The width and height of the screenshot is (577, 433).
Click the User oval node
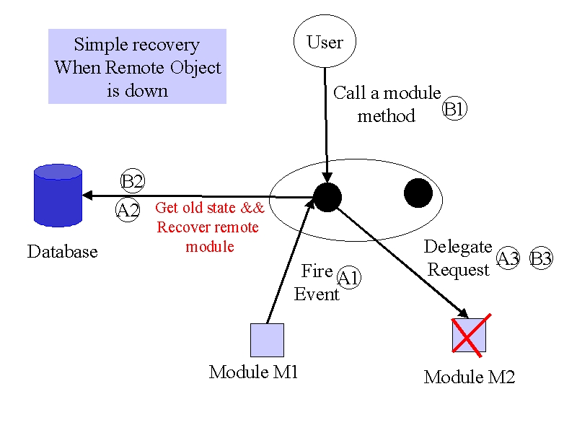pyautogui.click(x=325, y=41)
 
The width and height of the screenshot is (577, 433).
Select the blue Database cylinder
pyautogui.click(x=58, y=195)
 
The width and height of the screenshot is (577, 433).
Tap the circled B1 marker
pyautogui.click(x=454, y=109)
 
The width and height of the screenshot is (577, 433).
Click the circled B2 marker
pyautogui.click(x=133, y=180)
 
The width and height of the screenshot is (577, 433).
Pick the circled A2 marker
pyautogui.click(x=128, y=210)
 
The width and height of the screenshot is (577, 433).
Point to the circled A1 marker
pyautogui.click(x=348, y=277)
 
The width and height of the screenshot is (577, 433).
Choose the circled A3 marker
pyautogui.click(x=508, y=258)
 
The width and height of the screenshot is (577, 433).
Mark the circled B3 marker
pyautogui.click(x=541, y=258)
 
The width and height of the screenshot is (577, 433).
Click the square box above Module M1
pyautogui.click(x=267, y=340)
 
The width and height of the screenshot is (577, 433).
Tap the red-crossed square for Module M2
pyautogui.click(x=470, y=335)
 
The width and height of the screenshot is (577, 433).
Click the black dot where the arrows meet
pyautogui.click(x=327, y=197)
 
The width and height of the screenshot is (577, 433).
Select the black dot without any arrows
pyautogui.click(x=418, y=193)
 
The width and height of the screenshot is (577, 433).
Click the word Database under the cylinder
pyautogui.click(x=63, y=252)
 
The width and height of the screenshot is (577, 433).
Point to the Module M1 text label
pyautogui.click(x=253, y=372)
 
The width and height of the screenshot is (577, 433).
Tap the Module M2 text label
pyautogui.click(x=470, y=377)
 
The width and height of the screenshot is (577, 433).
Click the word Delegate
pyautogui.click(x=458, y=248)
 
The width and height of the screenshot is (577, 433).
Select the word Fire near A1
pyautogui.click(x=317, y=271)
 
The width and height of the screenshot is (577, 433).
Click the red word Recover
pyautogui.click(x=181, y=227)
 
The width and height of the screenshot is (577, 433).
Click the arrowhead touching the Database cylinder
pyautogui.click(x=87, y=196)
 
